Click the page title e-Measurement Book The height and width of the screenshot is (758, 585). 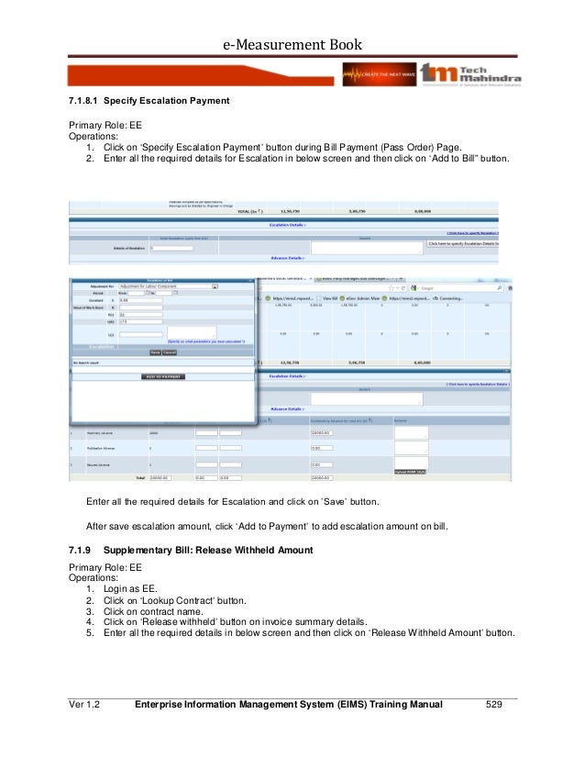coord(292,44)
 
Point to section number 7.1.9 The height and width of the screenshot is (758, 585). coord(82,550)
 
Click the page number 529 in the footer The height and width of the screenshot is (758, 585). coord(495,704)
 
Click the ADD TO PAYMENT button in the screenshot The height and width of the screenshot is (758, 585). coord(163,376)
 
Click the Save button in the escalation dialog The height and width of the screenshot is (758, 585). coord(156,352)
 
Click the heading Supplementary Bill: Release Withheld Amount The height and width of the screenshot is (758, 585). coord(208,550)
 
